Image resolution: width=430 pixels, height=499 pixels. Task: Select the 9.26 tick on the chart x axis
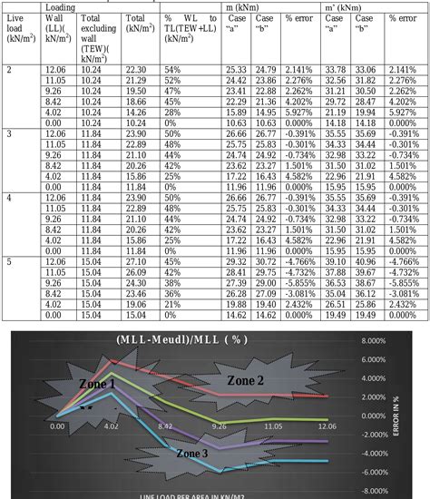point(219,425)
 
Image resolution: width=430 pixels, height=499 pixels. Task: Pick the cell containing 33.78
point(334,69)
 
